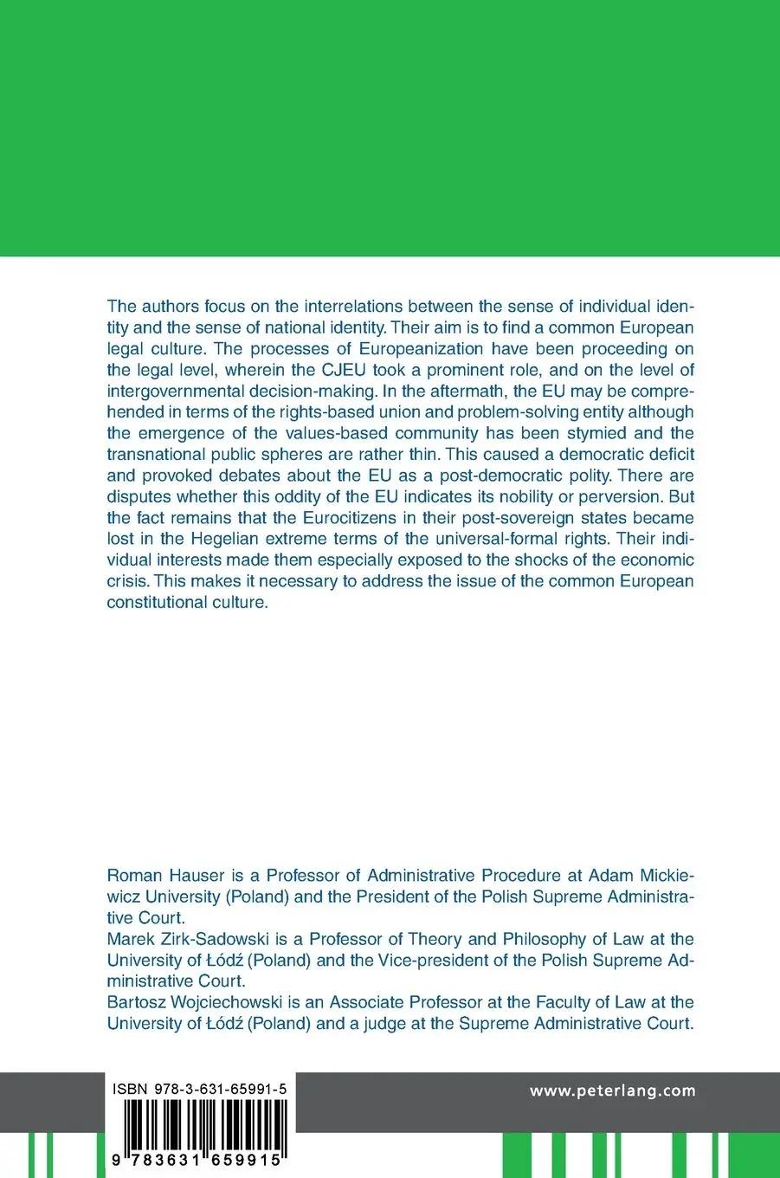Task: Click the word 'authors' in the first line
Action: click(x=170, y=307)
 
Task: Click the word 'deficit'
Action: click(x=666, y=454)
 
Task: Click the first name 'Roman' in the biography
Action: click(x=134, y=875)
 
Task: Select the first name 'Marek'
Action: click(x=132, y=938)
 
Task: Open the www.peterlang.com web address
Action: click(x=613, y=1091)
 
